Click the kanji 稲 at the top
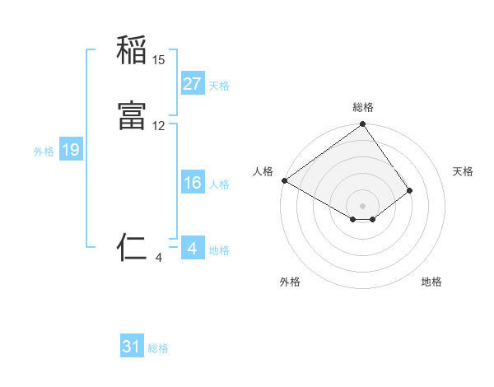[x=132, y=50]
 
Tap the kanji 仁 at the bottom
[x=132, y=247]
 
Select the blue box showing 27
[x=192, y=84]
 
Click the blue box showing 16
[x=192, y=183]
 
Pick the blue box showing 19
[x=71, y=150]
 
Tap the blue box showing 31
[x=132, y=347]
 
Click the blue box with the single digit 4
[x=192, y=249]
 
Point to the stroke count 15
[x=159, y=60]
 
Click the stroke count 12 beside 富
[x=159, y=126]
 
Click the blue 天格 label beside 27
[x=219, y=86]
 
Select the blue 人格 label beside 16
[x=219, y=184]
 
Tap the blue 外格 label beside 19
[x=43, y=152]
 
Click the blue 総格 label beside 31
[x=158, y=349]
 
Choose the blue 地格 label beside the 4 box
[x=219, y=250]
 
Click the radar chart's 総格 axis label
[x=362, y=107]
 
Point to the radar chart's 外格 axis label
[x=290, y=282]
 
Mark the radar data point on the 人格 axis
[x=284, y=180]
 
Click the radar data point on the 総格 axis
[x=362, y=125]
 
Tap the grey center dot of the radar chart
[x=362, y=205]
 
